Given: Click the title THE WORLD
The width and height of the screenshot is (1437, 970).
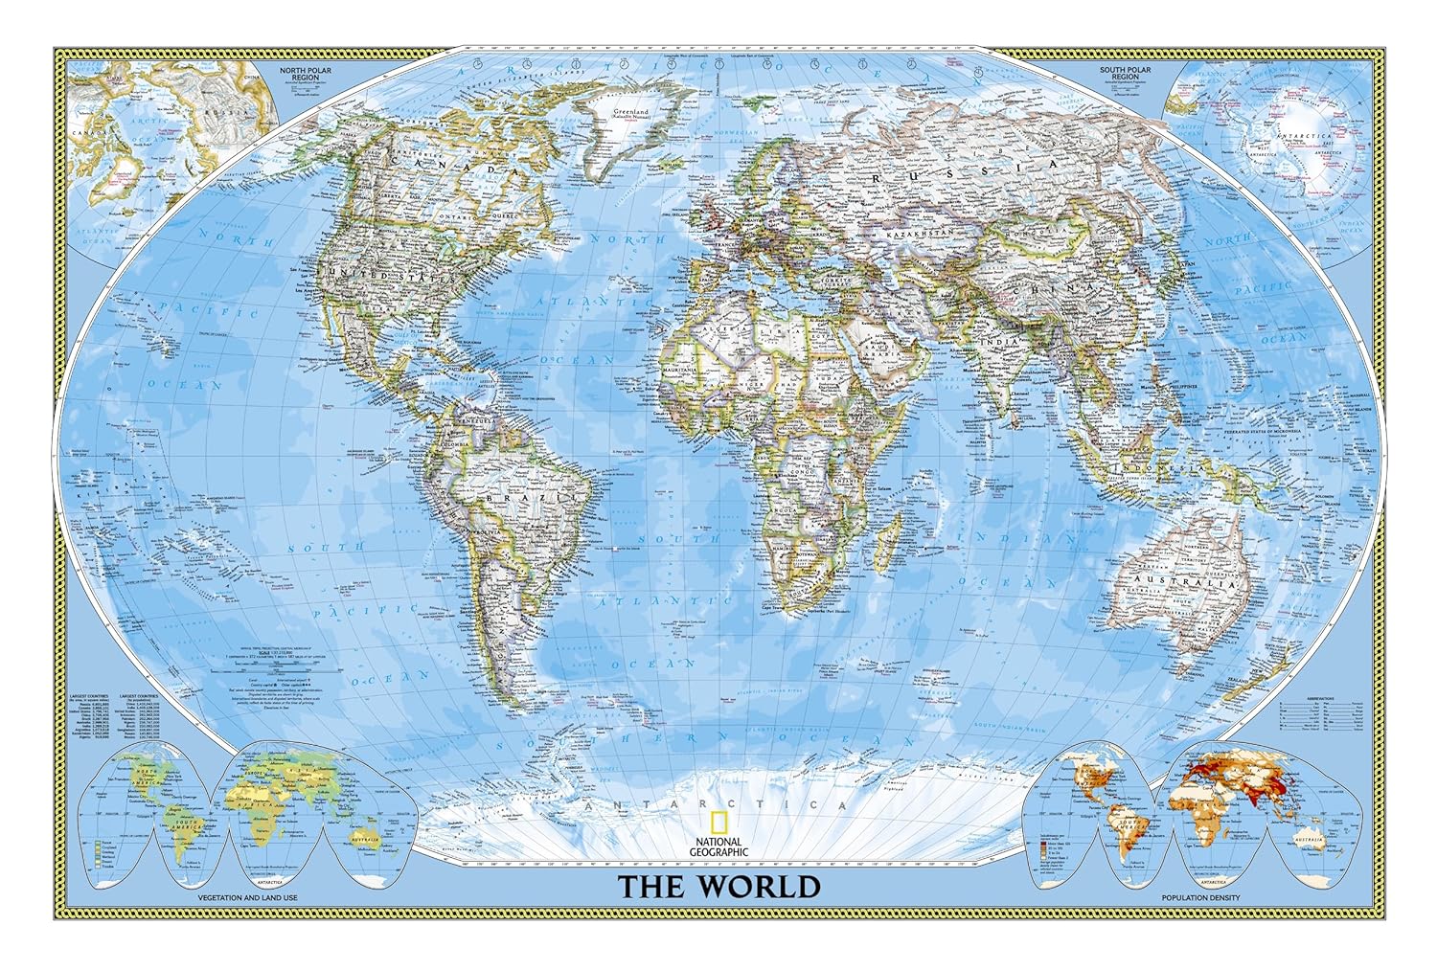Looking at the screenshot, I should (x=718, y=886).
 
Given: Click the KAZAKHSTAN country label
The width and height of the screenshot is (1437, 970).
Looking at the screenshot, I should (x=919, y=234).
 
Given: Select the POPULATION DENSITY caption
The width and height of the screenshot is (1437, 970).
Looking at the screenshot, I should (x=1200, y=897).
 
